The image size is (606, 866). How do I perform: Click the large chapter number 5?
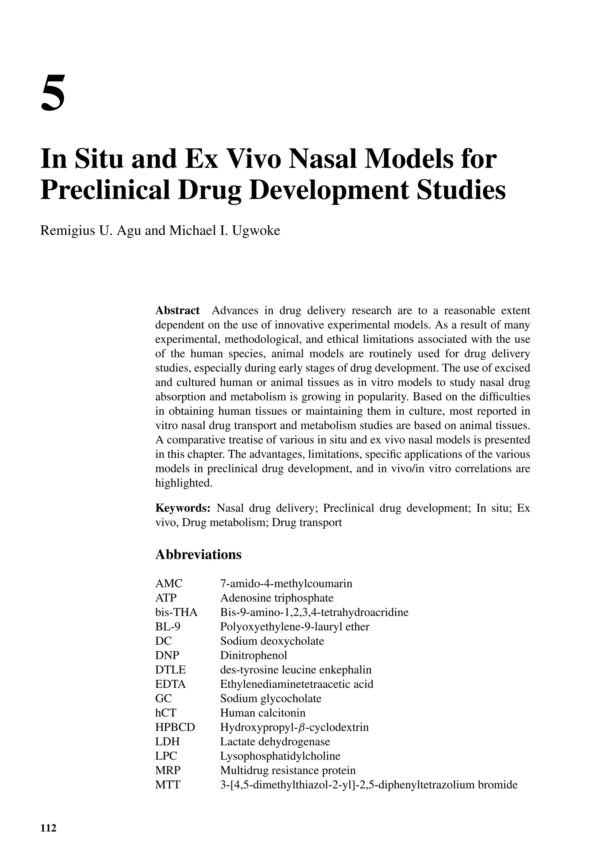[x=53, y=93]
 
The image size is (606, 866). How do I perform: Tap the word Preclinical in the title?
[x=105, y=190]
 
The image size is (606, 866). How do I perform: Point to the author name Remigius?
[x=67, y=230]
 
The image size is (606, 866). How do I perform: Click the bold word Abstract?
[x=177, y=310]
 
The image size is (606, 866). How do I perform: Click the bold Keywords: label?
[x=183, y=508]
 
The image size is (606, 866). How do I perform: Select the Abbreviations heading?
[x=198, y=554]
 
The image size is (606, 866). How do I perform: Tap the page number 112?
[x=48, y=828]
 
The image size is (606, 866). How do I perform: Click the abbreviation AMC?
[x=169, y=583]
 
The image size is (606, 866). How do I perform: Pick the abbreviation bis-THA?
[x=176, y=612]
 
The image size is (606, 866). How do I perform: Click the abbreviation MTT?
[x=168, y=785]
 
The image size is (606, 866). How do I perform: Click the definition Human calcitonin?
[x=263, y=712]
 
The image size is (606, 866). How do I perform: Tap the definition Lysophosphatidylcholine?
[x=280, y=756]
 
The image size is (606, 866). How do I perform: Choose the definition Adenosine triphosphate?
[x=277, y=598]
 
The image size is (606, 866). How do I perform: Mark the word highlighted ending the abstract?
[x=184, y=483]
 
